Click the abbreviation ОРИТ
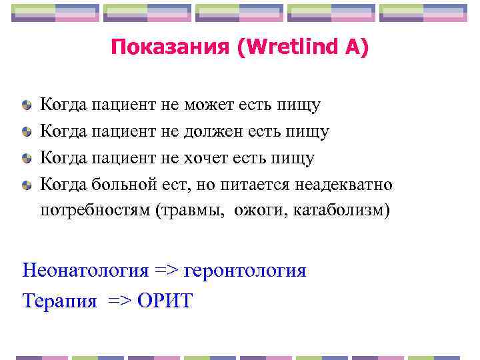tap(165, 301)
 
